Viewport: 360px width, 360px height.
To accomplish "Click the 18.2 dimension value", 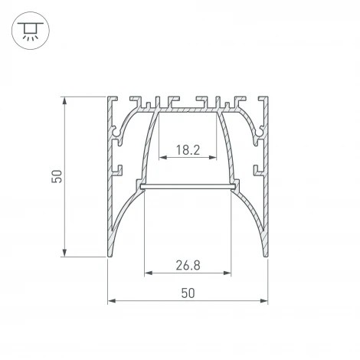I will [x=188, y=150].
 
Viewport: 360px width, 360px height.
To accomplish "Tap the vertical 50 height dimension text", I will [x=56, y=177].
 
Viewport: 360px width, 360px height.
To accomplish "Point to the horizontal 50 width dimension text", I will [x=188, y=292].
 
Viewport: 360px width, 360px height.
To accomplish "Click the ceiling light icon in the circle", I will [x=30, y=30].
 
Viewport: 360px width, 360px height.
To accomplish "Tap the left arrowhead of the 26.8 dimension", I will [x=146, y=273].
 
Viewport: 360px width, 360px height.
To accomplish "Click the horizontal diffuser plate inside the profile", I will [x=188, y=186].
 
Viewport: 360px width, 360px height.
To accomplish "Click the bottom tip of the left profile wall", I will [x=110, y=255].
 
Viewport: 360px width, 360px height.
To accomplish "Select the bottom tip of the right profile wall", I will [x=266, y=255].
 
